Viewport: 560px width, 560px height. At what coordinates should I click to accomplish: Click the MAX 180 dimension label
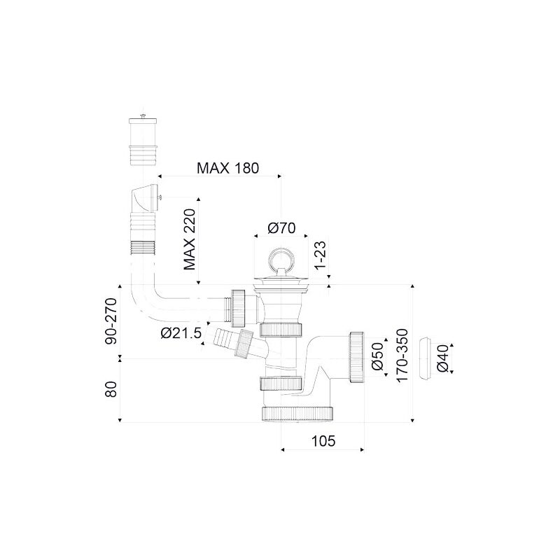(228, 168)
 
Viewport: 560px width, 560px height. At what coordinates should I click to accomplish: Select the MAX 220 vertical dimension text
(190, 239)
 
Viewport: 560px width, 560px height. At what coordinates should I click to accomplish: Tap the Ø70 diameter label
(282, 228)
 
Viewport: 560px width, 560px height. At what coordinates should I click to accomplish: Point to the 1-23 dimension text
(321, 255)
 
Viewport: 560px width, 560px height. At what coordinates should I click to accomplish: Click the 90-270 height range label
(111, 321)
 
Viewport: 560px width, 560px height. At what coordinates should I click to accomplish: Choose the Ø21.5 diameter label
(181, 333)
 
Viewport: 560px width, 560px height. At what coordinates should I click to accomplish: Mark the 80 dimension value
(111, 389)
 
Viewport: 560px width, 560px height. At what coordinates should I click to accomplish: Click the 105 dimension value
(323, 441)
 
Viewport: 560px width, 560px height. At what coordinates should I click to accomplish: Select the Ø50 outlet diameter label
(377, 356)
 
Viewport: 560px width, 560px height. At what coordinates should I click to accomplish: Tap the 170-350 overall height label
(402, 356)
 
